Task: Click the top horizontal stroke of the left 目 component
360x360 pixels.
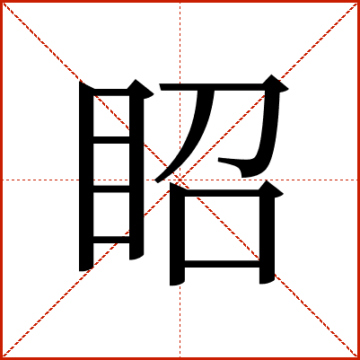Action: [x=111, y=92]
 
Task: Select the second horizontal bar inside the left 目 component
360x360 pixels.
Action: [x=111, y=140]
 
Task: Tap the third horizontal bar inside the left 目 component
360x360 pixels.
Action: [x=111, y=189]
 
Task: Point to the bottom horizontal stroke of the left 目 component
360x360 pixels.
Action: [x=111, y=240]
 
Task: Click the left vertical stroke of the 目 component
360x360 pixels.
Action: [x=86, y=176]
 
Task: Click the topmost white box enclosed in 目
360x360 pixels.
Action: [x=111, y=116]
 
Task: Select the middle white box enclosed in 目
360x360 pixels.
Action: [x=111, y=164]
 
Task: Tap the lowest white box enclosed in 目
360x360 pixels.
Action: [x=111, y=215]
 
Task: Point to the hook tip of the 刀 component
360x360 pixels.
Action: [x=219, y=160]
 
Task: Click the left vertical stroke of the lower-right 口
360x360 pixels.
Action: [x=177, y=233]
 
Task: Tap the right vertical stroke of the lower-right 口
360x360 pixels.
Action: [x=267, y=233]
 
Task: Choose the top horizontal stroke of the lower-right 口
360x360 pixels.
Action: [x=222, y=193]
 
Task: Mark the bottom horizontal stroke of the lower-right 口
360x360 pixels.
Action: [x=222, y=264]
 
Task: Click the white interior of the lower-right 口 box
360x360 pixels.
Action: [x=222, y=228]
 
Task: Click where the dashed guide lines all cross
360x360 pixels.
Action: [x=180, y=180]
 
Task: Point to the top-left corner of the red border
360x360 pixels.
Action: [x=1, y=1]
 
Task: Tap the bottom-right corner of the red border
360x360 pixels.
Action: [x=358, y=358]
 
